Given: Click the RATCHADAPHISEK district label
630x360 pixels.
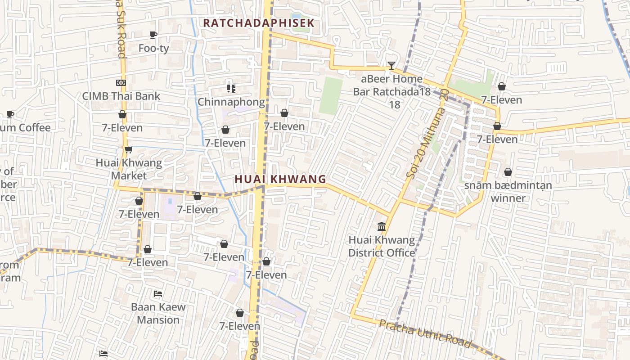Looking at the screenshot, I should click(258, 23).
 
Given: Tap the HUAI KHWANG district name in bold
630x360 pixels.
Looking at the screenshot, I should click(280, 179).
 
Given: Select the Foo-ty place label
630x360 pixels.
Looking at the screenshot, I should click(153, 48).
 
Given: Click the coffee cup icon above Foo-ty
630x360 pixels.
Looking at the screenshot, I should click(153, 35).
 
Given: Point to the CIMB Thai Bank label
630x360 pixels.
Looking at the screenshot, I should click(121, 96).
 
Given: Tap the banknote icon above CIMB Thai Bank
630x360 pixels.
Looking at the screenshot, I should click(121, 83).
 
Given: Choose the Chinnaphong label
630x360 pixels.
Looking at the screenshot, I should click(231, 102).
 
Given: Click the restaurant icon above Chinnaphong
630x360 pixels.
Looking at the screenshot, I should click(231, 88).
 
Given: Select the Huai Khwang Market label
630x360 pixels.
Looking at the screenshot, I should click(129, 169).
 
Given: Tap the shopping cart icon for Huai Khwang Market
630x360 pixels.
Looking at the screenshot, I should click(128, 149).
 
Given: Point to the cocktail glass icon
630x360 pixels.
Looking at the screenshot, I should click(391, 66).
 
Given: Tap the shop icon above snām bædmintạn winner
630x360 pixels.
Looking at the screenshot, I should click(508, 172).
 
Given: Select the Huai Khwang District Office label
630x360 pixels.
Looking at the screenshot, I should click(382, 246).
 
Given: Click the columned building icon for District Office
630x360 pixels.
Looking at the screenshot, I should click(382, 226).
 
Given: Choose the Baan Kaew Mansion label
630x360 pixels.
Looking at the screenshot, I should click(158, 313).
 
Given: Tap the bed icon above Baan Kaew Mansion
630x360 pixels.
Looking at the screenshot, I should click(158, 293).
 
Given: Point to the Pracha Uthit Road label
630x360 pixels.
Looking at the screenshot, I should click(425, 333).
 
